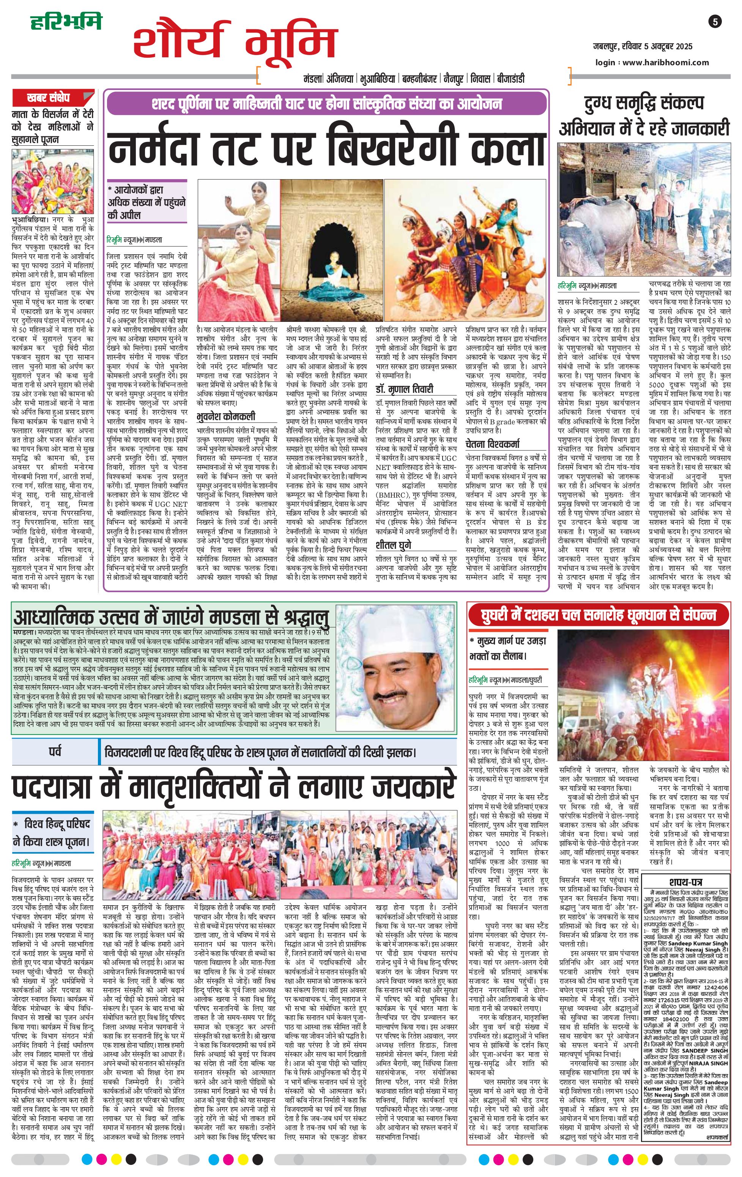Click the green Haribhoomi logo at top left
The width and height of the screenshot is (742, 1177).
[66, 22]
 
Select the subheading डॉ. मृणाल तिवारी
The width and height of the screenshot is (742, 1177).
[405, 389]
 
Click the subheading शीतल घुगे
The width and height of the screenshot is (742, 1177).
[394, 545]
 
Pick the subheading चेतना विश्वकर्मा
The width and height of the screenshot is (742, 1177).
[492, 444]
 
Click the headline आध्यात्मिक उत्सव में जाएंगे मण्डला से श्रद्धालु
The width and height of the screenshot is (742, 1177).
[171, 617]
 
